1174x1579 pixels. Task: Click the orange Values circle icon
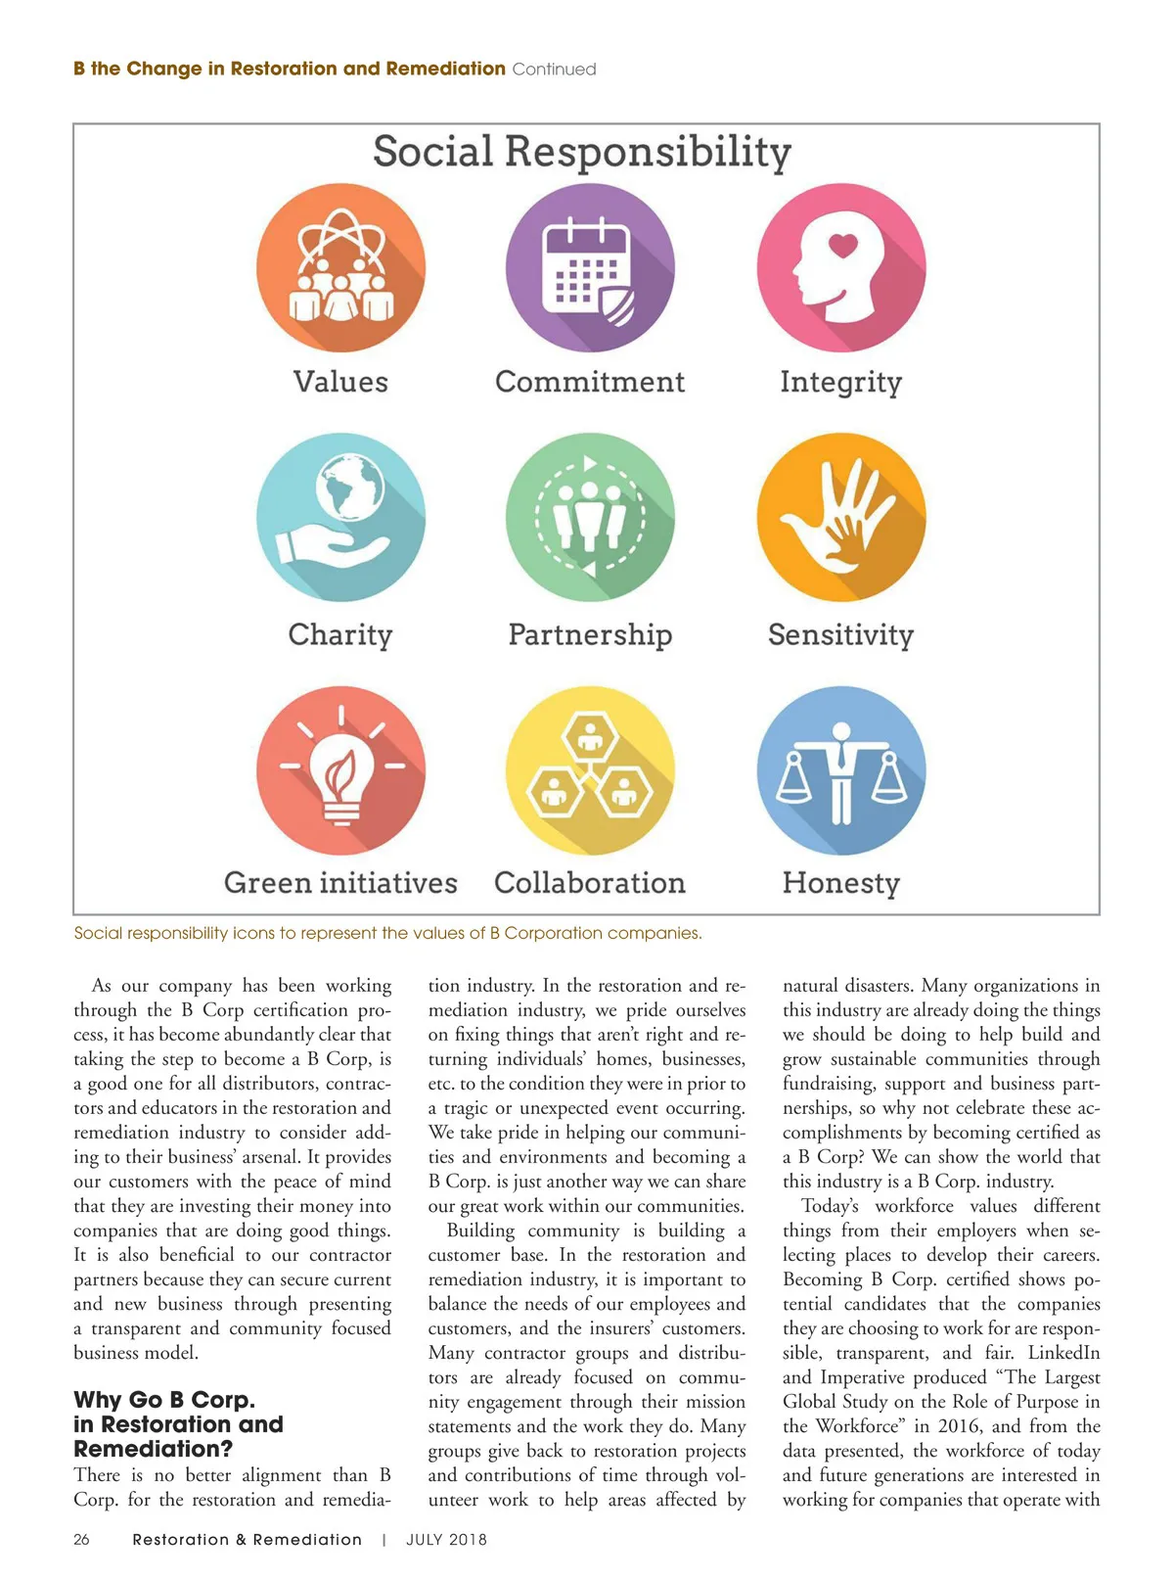click(x=340, y=267)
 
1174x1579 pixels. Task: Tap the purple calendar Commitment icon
click(x=590, y=267)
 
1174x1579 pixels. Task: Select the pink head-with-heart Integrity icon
click(x=841, y=267)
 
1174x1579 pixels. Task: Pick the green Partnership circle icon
click(x=590, y=517)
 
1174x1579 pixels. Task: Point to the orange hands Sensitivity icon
click(x=841, y=517)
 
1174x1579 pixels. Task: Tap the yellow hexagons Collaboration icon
click(x=590, y=770)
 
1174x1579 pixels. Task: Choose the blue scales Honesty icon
click(x=841, y=770)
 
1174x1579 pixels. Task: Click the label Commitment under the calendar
click(x=590, y=382)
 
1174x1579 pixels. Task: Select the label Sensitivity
click(x=840, y=634)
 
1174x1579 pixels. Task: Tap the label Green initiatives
click(x=340, y=883)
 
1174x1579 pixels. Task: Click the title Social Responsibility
click(x=582, y=153)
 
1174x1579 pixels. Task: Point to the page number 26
click(x=81, y=1539)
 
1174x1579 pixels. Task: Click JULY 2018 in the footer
click(x=446, y=1539)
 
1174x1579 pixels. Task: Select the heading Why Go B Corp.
click(x=164, y=1400)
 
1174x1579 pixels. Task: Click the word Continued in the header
click(x=554, y=70)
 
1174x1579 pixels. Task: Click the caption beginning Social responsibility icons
click(x=387, y=933)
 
